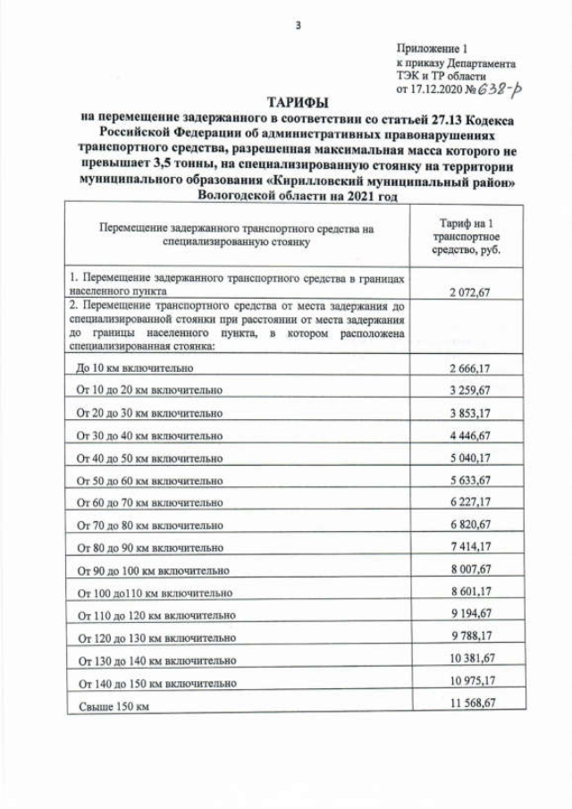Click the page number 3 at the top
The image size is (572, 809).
(298, 25)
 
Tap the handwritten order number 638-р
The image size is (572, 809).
(502, 88)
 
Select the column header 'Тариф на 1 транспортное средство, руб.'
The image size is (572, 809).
(466, 235)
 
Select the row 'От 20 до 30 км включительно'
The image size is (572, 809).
(149, 413)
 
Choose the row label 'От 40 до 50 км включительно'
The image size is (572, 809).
(149, 458)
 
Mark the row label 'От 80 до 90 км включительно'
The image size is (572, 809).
(149, 548)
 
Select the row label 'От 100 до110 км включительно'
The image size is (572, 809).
(155, 593)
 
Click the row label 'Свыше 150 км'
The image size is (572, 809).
(112, 706)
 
